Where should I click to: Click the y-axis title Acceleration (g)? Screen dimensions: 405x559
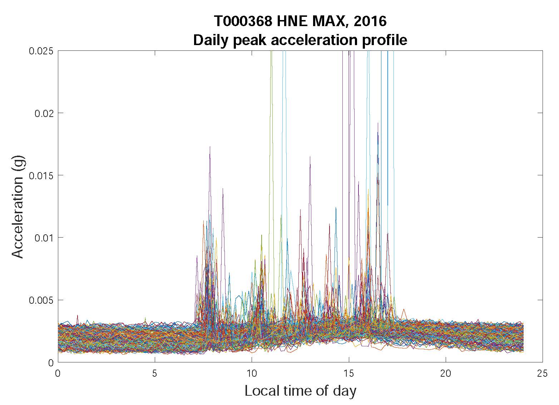[18, 206]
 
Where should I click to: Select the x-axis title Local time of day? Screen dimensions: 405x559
[300, 391]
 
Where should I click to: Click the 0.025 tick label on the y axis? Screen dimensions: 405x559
[41, 51]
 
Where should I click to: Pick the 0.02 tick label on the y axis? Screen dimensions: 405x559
[44, 113]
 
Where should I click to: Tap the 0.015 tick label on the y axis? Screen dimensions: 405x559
[41, 175]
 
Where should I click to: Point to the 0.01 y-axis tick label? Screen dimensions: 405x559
[44, 238]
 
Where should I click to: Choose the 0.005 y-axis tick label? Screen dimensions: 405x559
[41, 300]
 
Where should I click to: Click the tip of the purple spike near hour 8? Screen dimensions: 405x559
[210, 147]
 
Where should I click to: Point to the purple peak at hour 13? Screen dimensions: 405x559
[310, 157]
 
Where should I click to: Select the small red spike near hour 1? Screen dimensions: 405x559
[77, 316]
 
